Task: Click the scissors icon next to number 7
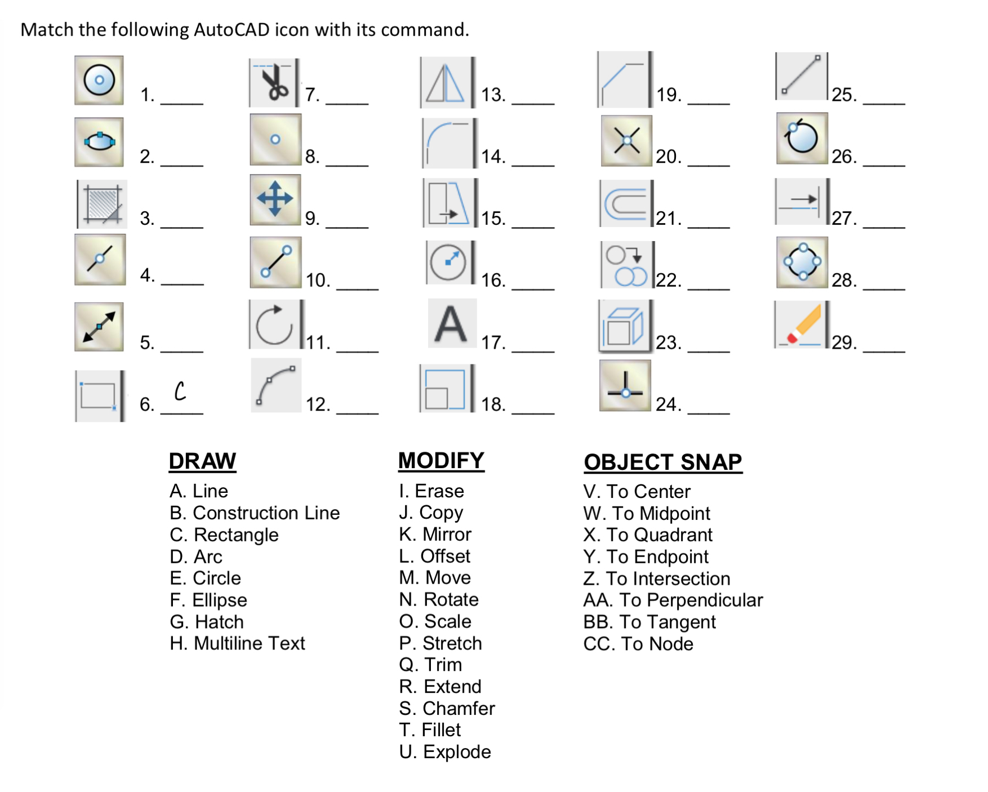274,83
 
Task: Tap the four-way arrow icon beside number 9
275,199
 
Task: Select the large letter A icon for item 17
451,324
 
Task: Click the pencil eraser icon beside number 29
801,325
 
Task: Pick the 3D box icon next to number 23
624,326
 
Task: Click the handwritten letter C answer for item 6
180,391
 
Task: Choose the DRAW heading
202,461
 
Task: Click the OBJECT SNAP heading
662,462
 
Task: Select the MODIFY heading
441,461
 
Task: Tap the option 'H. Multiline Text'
237,643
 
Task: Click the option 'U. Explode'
444,752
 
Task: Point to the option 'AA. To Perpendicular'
673,600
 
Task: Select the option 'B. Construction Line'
255,513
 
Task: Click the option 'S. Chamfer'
447,709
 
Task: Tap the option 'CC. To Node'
638,644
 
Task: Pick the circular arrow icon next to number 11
274,325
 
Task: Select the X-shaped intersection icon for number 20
626,141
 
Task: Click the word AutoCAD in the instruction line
232,30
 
